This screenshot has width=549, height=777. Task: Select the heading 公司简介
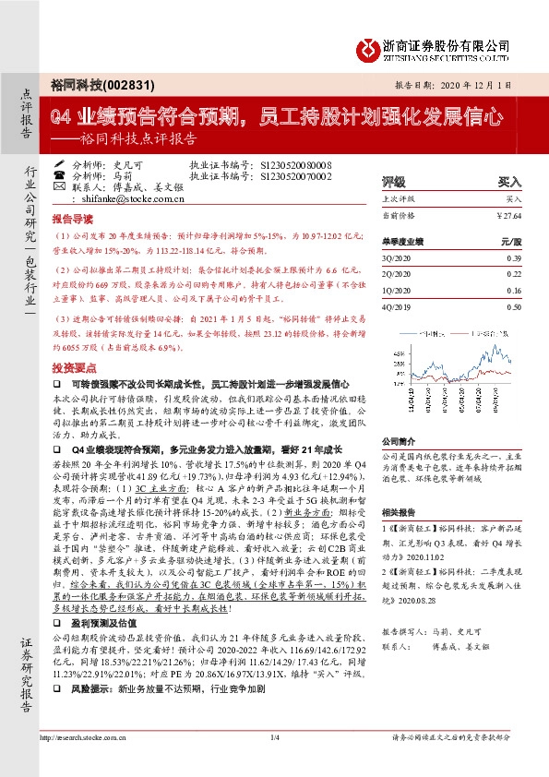click(x=399, y=441)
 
